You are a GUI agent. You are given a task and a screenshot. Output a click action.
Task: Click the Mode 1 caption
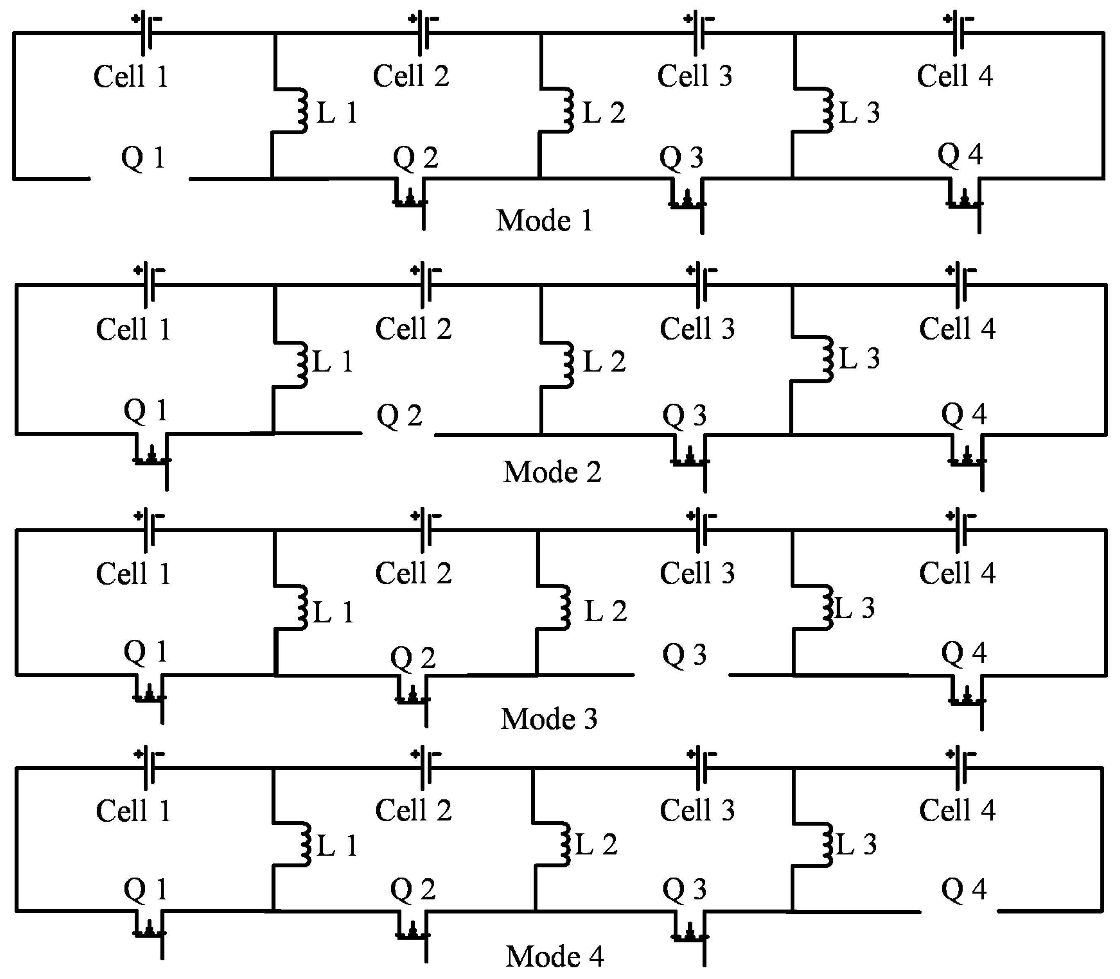[x=544, y=221]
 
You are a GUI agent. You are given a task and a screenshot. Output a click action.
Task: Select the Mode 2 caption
[x=552, y=472]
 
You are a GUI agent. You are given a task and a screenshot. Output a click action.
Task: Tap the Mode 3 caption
[x=549, y=719]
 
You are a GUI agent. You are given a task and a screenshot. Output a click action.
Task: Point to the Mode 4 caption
[x=554, y=957]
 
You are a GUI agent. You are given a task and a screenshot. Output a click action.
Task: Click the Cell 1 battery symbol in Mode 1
[x=147, y=33]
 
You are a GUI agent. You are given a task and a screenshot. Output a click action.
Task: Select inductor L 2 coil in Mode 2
[x=568, y=364]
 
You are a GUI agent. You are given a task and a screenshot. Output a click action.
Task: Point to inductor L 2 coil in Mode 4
[x=565, y=846]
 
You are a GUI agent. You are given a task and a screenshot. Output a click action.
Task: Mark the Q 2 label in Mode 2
[x=399, y=416]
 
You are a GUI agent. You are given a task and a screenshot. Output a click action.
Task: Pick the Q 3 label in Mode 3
[x=685, y=655]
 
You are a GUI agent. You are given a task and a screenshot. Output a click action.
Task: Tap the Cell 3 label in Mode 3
[x=697, y=573]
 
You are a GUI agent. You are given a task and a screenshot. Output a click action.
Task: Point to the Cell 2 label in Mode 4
[x=413, y=810]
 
